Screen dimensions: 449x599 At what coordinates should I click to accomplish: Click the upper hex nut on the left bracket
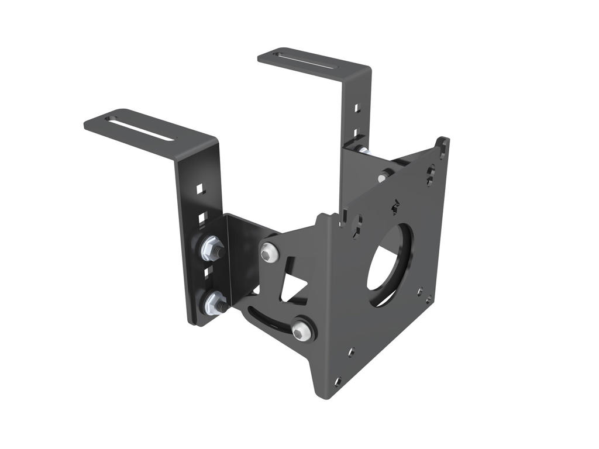point(212,248)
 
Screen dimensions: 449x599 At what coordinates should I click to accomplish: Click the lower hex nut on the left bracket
point(214,302)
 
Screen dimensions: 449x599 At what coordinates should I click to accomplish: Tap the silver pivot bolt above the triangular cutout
point(269,252)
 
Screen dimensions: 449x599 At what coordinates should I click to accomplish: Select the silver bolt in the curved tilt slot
point(301,330)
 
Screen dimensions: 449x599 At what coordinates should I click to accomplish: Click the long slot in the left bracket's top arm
point(140,128)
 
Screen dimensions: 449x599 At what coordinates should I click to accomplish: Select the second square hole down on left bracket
point(202,217)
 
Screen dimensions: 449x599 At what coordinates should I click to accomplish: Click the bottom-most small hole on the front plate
point(338,381)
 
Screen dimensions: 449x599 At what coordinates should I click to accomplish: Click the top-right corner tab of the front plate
point(443,143)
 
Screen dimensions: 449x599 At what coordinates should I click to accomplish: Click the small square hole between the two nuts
point(206,272)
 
